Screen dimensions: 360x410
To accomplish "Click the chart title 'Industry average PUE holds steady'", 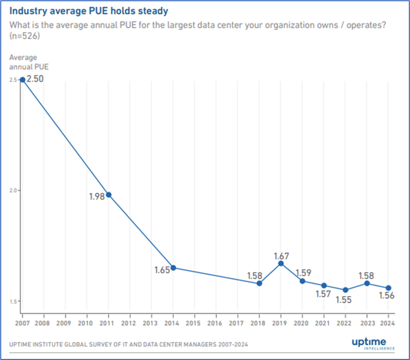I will pyautogui.click(x=88, y=10).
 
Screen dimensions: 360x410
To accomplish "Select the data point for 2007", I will pyautogui.click(x=22, y=79).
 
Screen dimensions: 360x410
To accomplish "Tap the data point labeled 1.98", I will pyautogui.click(x=109, y=195).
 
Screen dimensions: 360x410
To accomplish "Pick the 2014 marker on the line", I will pyautogui.click(x=173, y=268).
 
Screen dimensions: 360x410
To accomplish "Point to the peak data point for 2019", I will pyautogui.click(x=281, y=264).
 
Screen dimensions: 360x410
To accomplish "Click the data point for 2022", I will pyautogui.click(x=345, y=290).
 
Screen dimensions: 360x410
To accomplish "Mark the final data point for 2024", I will pyautogui.click(x=388, y=288).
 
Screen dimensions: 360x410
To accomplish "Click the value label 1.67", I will pyautogui.click(x=281, y=256).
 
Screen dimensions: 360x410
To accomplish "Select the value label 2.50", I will pyautogui.click(x=34, y=79).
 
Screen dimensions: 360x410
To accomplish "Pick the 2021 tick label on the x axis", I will pyautogui.click(x=324, y=323).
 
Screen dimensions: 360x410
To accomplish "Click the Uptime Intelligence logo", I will pyautogui.click(x=373, y=344).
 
